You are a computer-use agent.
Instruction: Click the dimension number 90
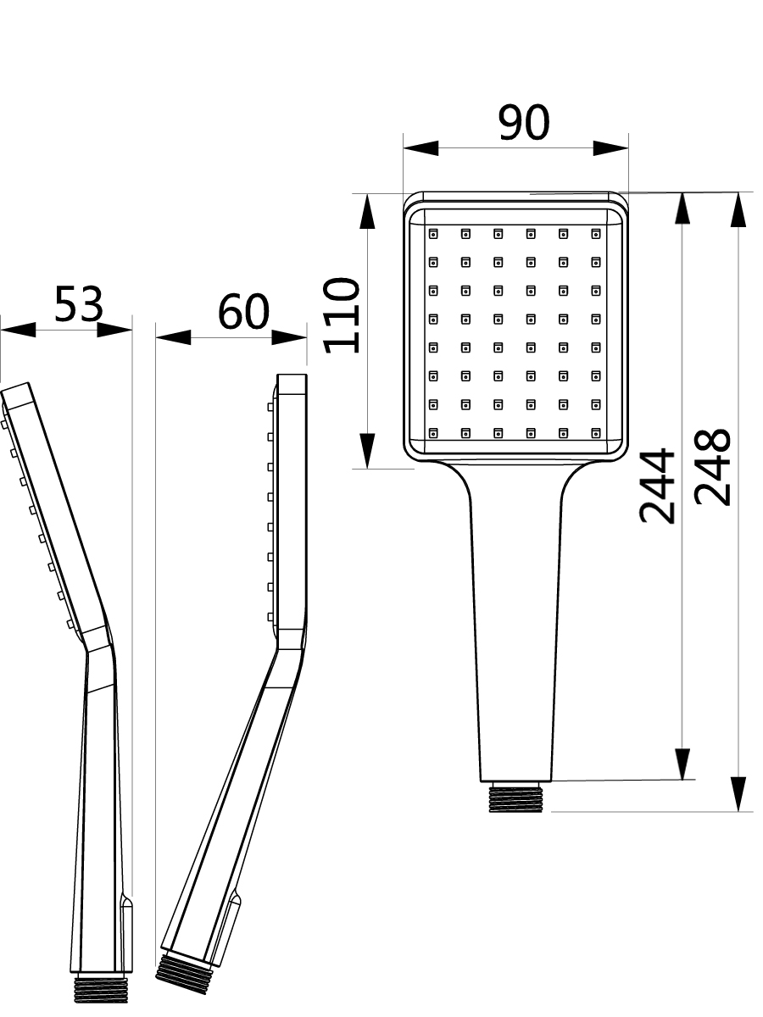tap(523, 122)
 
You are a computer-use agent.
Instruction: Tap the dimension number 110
tap(342, 315)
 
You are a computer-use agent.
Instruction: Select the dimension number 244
tap(656, 486)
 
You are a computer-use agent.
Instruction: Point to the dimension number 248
tap(712, 468)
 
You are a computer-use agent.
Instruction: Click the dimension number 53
tap(78, 303)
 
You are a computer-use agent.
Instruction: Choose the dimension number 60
tap(243, 311)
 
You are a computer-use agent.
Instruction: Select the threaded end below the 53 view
tap(101, 987)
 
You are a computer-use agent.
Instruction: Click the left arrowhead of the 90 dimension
tap(420, 148)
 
